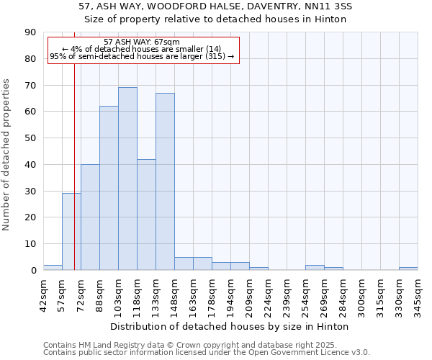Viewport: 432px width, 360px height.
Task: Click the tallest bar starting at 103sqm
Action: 127,179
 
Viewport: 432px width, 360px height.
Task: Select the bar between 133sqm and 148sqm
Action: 165,181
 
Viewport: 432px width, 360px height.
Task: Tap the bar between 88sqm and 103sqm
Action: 109,188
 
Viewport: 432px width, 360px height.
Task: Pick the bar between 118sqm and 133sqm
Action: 146,215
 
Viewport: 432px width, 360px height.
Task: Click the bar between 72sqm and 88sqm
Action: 90,217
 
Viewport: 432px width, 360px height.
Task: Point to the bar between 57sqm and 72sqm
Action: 71,231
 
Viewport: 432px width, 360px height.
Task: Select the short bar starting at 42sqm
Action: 53,267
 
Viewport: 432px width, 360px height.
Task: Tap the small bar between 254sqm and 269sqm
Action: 315,267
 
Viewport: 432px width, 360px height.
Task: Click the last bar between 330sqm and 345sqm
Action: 408,269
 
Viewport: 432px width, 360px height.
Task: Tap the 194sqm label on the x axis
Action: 231,295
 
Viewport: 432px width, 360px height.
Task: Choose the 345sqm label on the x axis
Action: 418,295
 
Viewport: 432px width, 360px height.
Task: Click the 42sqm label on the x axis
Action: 43,295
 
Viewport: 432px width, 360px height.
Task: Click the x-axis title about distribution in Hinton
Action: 230,326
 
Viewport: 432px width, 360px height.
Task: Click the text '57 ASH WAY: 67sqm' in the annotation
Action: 142,42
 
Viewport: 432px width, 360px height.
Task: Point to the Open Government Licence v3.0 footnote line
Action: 207,353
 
